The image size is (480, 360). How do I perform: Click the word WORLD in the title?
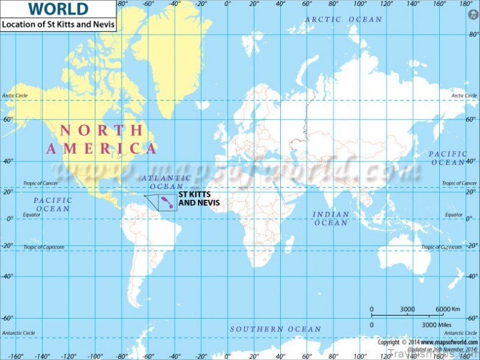[x=58, y=9]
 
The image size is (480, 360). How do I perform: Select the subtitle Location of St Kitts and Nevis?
[x=58, y=25]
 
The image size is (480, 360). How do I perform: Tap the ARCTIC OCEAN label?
[x=344, y=19]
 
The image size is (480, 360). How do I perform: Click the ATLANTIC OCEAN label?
[x=166, y=182]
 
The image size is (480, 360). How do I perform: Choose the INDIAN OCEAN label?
[x=331, y=218]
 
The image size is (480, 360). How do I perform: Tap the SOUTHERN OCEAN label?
[x=275, y=329]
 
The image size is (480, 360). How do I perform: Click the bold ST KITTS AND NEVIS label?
[x=199, y=199]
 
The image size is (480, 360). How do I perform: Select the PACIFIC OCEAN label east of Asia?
[x=448, y=158]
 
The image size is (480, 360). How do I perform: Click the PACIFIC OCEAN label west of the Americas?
[x=52, y=204]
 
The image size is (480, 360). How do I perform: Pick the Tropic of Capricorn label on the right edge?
[x=442, y=247]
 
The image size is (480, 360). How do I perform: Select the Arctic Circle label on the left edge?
[x=15, y=96]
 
